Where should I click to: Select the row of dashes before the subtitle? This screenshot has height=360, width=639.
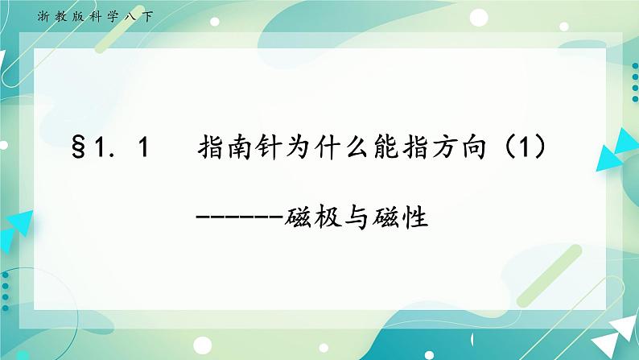240,217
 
